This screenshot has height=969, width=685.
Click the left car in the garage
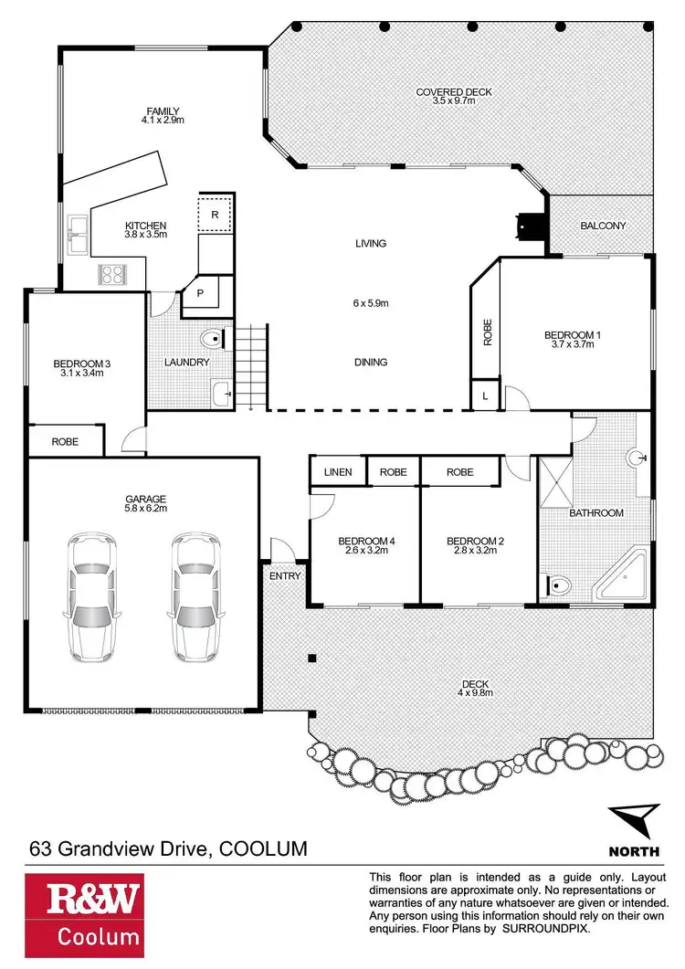coord(91,597)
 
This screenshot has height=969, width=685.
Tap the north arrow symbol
coord(634,820)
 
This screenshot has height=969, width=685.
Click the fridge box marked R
coord(215,214)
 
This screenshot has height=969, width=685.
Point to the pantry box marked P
coord(199,294)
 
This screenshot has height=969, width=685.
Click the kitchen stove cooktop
coord(113,273)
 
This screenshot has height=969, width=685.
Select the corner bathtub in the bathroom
coord(620,575)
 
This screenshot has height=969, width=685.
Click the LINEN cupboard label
coord(338,472)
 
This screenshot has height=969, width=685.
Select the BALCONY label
coord(603,225)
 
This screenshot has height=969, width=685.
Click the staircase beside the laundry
coord(251,365)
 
